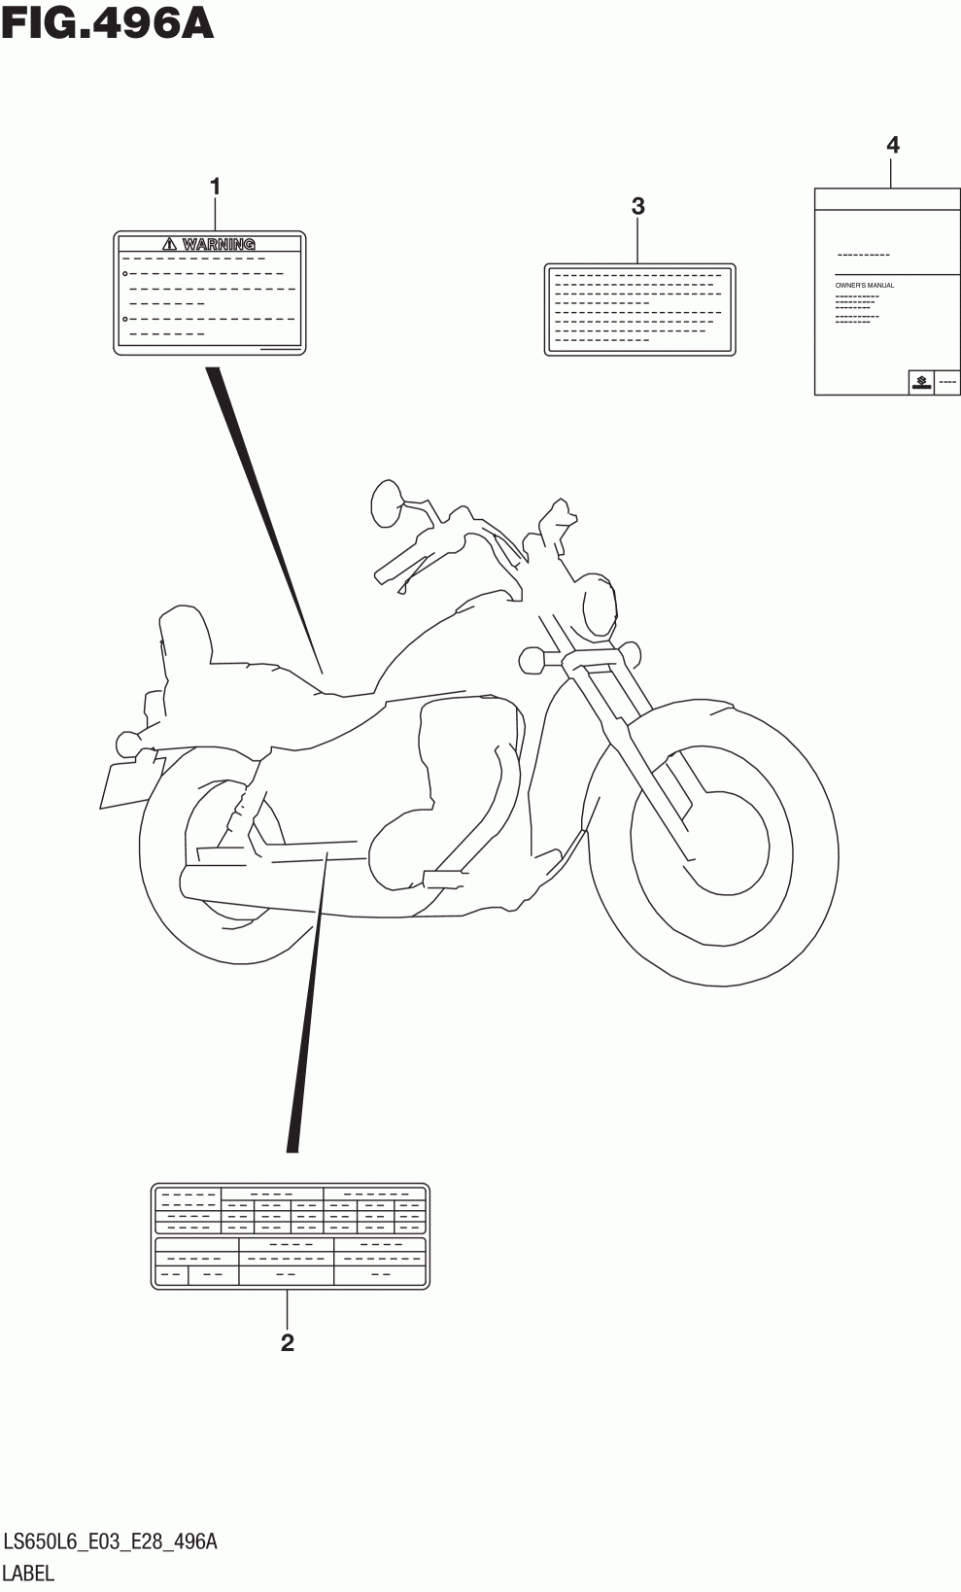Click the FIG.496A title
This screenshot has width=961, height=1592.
coord(107,23)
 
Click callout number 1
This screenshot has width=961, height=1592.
coord(216,186)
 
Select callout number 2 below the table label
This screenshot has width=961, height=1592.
coord(287,1342)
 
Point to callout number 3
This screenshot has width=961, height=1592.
coord(637,206)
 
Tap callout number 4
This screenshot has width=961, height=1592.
coord(892,146)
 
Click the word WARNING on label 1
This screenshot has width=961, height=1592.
coord(219,244)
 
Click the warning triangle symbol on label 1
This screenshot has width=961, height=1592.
coord(170,244)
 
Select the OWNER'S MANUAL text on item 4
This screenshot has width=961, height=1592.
coord(864,285)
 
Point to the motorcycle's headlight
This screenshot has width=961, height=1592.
coord(599,606)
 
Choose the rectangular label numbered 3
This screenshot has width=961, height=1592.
coord(638,309)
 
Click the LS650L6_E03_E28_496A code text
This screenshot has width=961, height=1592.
coord(110,1541)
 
